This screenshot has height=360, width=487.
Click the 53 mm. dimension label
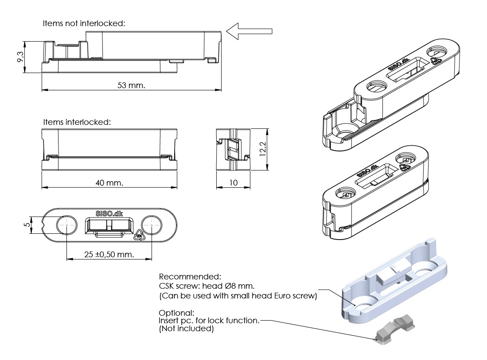click(131, 85)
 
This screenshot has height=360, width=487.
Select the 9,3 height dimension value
click(20, 57)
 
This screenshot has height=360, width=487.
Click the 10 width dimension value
click(233, 182)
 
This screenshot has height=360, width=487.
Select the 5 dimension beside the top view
click(27, 225)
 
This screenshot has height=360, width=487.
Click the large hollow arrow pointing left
click(249, 31)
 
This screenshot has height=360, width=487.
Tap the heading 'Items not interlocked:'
click(84, 23)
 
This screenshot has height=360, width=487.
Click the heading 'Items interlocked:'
click(77, 121)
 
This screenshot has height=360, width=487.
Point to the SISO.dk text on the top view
click(109, 213)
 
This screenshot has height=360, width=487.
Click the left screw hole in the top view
click(66, 225)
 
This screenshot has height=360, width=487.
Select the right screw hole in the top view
click(152, 225)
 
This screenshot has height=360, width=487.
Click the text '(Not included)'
click(186, 329)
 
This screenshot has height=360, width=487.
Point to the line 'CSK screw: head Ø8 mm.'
click(206, 286)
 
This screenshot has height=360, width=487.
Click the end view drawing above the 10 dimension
click(233, 150)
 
